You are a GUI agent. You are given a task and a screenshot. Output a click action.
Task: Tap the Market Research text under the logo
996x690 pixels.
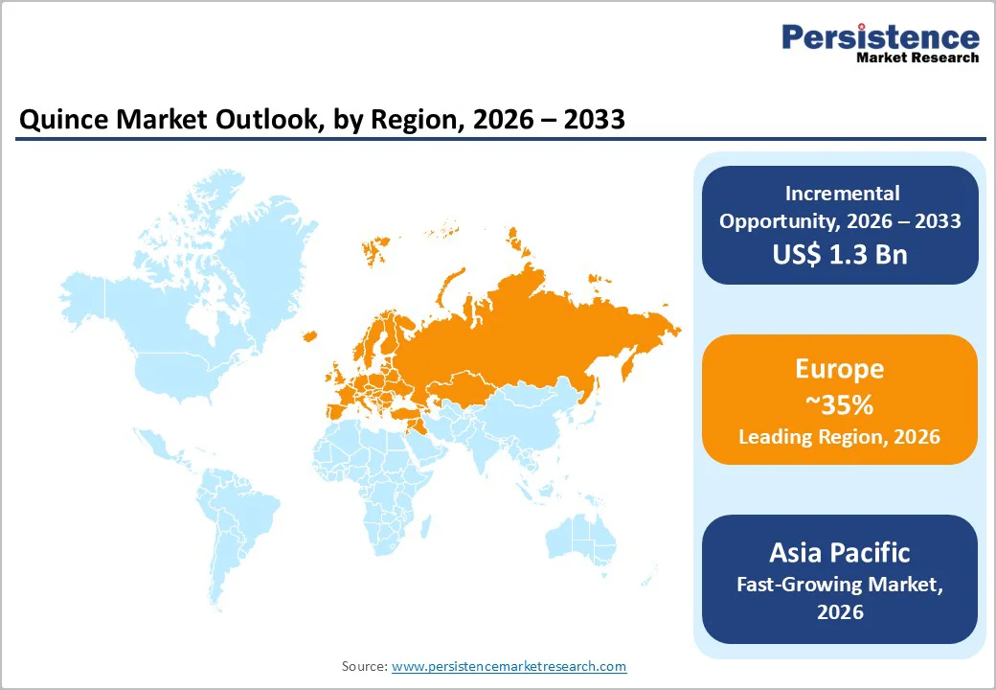coord(917,57)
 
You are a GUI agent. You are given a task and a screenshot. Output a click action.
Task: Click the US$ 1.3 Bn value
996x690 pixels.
coord(839,254)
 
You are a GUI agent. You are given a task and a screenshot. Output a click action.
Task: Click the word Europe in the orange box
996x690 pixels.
coord(839,369)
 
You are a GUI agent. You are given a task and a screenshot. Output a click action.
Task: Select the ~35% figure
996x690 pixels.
coord(839,404)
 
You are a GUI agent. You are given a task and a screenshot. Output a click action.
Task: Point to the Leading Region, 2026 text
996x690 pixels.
coord(839,437)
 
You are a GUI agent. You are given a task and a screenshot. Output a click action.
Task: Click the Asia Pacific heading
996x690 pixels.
coord(839,552)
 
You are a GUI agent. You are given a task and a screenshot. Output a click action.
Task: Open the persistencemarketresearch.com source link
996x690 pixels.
coord(509,666)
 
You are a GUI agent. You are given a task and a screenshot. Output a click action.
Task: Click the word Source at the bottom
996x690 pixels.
coord(364,666)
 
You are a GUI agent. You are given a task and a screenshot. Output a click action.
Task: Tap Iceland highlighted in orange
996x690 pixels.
coord(309,335)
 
